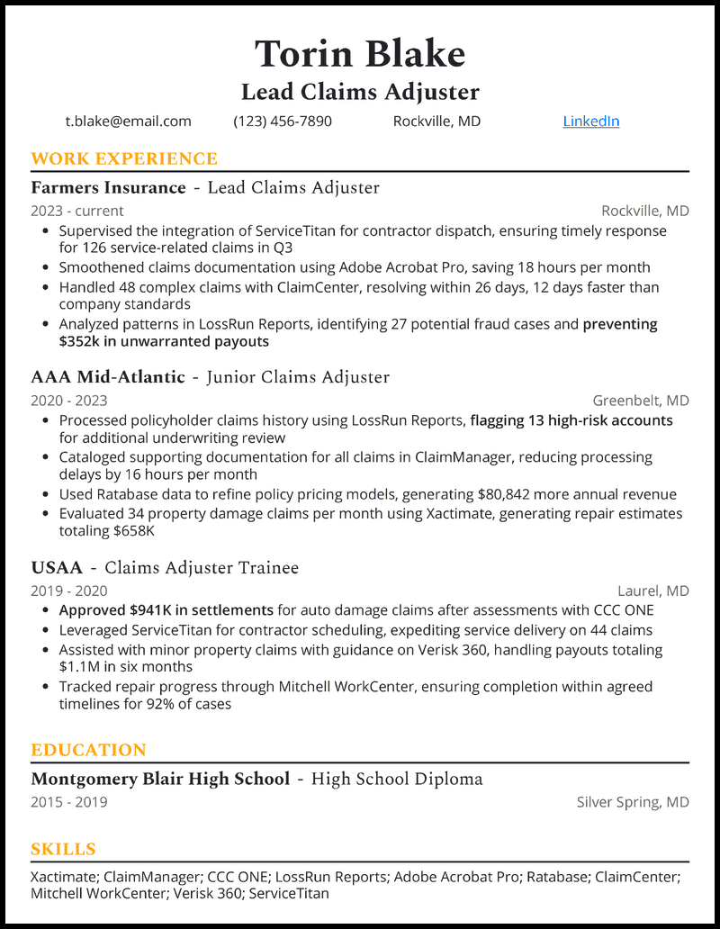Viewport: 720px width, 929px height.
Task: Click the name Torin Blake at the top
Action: tap(360, 54)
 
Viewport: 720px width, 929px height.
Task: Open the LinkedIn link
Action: tap(590, 121)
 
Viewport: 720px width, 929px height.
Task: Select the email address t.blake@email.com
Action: tap(128, 121)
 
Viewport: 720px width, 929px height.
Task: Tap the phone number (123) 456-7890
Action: tap(283, 121)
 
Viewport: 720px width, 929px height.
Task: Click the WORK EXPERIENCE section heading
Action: tap(124, 159)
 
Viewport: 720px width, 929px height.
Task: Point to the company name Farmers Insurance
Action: tap(108, 188)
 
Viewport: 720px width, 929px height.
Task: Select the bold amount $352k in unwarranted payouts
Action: tap(164, 341)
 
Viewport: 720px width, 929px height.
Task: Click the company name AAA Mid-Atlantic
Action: tap(108, 377)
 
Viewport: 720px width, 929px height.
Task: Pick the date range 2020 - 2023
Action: tap(69, 401)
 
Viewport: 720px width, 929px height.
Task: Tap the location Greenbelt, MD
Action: tap(640, 401)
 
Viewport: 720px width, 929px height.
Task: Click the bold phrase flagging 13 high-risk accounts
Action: tap(571, 420)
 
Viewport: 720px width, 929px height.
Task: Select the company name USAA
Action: tap(57, 568)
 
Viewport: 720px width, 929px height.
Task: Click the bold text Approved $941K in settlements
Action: tap(166, 610)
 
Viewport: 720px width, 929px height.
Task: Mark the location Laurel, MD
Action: tap(652, 591)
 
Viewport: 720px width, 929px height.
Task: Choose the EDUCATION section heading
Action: tap(88, 750)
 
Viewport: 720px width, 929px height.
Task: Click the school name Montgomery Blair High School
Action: tap(160, 779)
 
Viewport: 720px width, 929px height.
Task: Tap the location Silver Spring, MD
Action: tap(633, 802)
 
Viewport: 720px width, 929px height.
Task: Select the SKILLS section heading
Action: tap(63, 849)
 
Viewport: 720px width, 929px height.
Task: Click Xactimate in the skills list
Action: tap(63, 876)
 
